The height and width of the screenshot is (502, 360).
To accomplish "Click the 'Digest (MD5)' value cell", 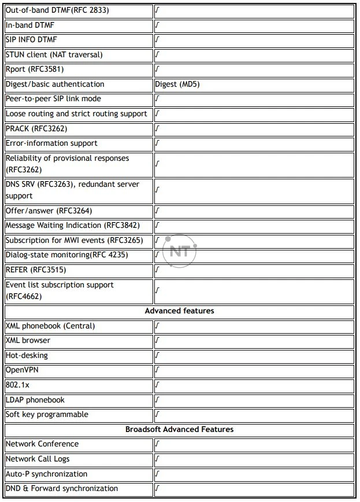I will tap(177, 84).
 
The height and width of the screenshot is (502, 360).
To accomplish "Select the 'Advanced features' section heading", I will tap(179, 311).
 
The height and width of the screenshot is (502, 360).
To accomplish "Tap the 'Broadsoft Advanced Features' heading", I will tap(179, 430).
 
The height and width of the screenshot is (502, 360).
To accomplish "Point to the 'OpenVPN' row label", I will tap(22, 370).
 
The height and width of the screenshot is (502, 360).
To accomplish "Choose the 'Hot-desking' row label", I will tap(27, 355).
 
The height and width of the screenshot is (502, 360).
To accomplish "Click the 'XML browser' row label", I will tap(28, 341).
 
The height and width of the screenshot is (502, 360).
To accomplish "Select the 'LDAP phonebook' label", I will tap(35, 400).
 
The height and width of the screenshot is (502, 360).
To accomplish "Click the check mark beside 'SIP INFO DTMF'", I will tap(158, 40).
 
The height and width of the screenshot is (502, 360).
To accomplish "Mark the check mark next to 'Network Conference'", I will tap(158, 445).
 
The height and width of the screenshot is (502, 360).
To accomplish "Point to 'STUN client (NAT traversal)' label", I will tap(54, 55).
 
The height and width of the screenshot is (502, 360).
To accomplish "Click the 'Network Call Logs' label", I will tap(38, 459).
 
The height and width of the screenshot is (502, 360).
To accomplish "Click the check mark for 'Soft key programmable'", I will tap(158, 415).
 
